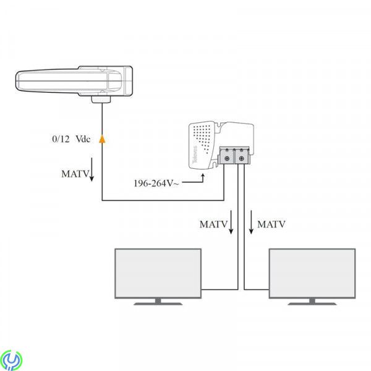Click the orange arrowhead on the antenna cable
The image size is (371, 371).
[102, 140]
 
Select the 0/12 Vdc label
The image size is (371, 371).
[71, 140]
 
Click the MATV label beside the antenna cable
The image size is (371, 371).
[74, 174]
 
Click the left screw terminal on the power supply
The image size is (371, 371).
[227, 159]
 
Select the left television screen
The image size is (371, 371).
[159, 273]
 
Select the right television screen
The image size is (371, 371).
[312, 273]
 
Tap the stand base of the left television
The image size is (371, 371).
[159, 302]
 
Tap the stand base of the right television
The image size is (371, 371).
[312, 302]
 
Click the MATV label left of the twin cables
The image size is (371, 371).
[213, 224]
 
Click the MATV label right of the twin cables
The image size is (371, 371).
[271, 224]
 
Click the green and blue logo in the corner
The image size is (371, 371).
[12, 360]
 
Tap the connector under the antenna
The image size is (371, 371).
[101, 99]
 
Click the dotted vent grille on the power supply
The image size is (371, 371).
[204, 135]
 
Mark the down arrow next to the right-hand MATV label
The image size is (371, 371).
[251, 224]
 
